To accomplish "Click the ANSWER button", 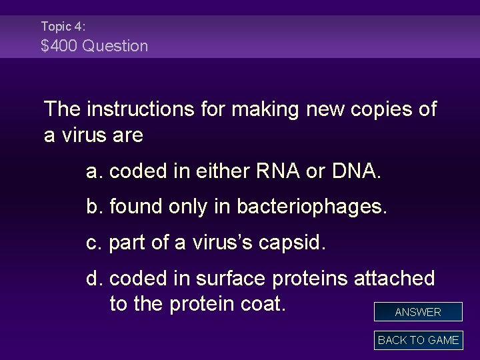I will point(418,312).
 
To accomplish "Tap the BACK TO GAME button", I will point(418,340).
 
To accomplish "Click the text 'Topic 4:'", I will point(63,27).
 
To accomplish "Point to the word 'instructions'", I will point(143,109).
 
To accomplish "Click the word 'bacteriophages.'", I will point(314,207).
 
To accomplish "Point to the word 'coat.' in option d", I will point(261,303).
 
